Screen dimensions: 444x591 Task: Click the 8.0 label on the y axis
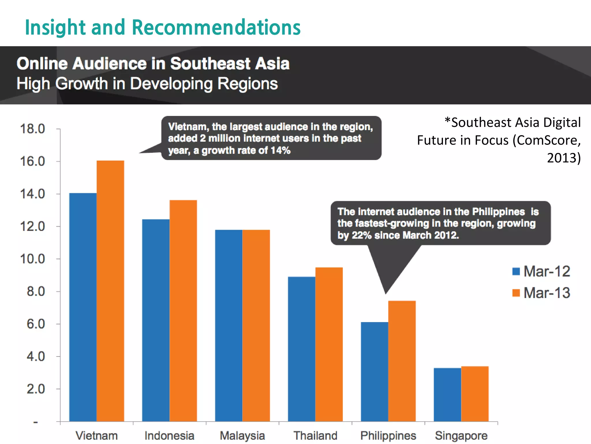tap(36, 291)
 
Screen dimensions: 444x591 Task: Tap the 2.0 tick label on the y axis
tap(36, 389)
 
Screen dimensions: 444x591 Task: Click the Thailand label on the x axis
tap(315, 436)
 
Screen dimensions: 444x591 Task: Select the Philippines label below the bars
tap(388, 436)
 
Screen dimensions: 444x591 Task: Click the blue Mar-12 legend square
tap(516, 271)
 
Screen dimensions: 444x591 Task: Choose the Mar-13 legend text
tap(547, 293)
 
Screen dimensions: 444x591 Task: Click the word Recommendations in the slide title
tap(216, 27)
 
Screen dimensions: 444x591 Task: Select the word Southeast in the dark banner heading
tap(210, 64)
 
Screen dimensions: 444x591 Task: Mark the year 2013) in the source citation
tap(564, 158)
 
